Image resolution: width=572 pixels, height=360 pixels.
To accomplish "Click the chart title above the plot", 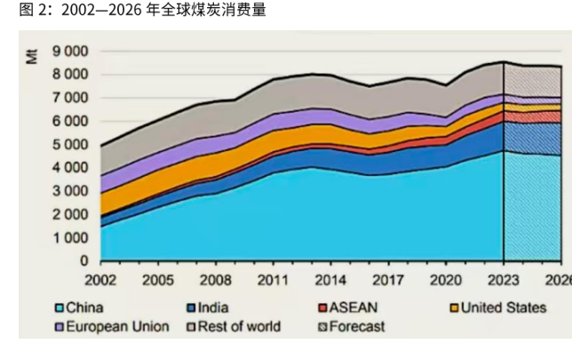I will point(134,10).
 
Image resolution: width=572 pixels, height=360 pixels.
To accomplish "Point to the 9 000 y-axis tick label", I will point(71,52).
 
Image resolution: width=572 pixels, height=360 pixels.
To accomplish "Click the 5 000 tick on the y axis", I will point(71,145).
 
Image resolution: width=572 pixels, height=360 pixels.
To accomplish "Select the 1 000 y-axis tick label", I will point(71,238).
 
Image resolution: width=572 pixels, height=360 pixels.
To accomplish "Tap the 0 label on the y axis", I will point(84,261).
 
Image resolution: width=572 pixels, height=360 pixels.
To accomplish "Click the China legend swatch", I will point(59,308).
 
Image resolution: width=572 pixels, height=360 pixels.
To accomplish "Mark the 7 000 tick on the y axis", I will point(71,98).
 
